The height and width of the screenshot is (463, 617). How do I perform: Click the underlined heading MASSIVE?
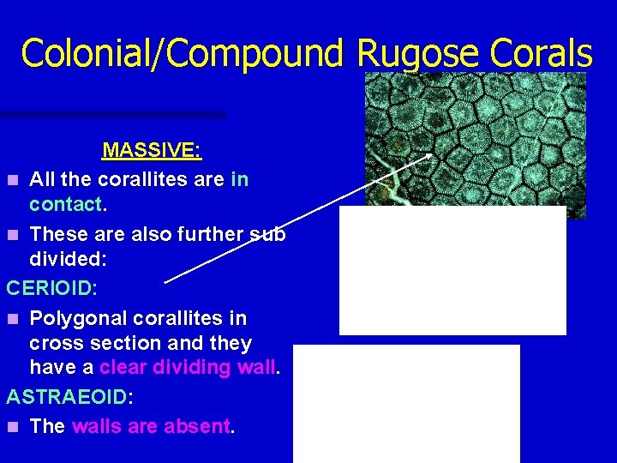(x=152, y=151)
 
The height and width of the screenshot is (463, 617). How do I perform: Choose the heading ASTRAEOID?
(x=67, y=397)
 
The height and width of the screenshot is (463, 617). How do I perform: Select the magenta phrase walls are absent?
(x=152, y=426)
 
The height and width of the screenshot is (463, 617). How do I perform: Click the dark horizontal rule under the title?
(x=112, y=114)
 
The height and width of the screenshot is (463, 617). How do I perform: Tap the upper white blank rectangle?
(x=452, y=270)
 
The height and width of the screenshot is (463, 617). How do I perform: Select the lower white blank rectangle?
(x=406, y=403)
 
